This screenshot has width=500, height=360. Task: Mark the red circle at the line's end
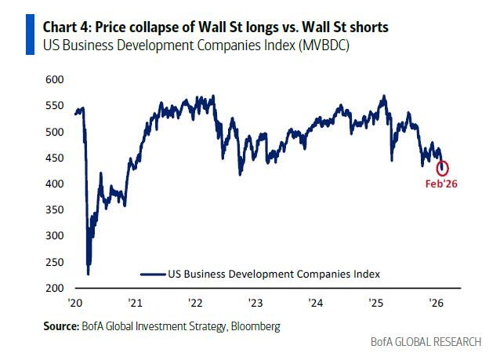coord(443,168)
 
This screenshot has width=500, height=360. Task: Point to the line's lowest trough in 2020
coord(88,273)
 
